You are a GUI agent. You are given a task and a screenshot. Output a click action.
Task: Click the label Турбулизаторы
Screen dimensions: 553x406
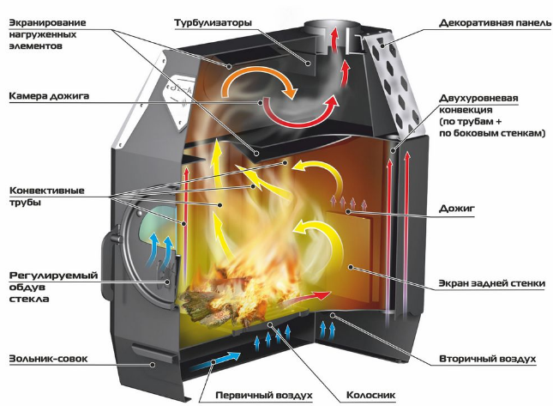(213, 23)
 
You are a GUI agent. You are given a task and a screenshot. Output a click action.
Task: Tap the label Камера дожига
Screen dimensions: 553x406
(49, 96)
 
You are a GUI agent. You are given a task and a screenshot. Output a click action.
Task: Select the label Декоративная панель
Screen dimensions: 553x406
(496, 23)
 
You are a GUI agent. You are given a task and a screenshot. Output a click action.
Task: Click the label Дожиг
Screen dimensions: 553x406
(457, 209)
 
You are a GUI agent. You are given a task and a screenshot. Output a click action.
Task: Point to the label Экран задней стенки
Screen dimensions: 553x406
(492, 283)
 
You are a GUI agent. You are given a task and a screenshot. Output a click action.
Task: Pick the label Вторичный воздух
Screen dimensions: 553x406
(487, 359)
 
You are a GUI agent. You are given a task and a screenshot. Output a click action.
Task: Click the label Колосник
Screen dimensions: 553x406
(370, 395)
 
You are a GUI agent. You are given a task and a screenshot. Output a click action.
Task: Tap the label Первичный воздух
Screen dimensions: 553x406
(264, 395)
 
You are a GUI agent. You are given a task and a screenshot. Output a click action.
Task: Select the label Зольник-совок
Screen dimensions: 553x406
(48, 359)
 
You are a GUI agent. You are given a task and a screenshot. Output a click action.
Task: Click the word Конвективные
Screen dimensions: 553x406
(47, 191)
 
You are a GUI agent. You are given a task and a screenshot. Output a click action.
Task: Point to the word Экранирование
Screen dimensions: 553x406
(47, 23)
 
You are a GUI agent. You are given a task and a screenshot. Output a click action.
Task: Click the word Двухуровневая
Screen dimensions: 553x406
(478, 98)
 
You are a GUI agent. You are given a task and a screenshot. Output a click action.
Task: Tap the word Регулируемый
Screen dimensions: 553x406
(53, 276)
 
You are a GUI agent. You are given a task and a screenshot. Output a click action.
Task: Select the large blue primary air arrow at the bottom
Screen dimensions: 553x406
(214, 361)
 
